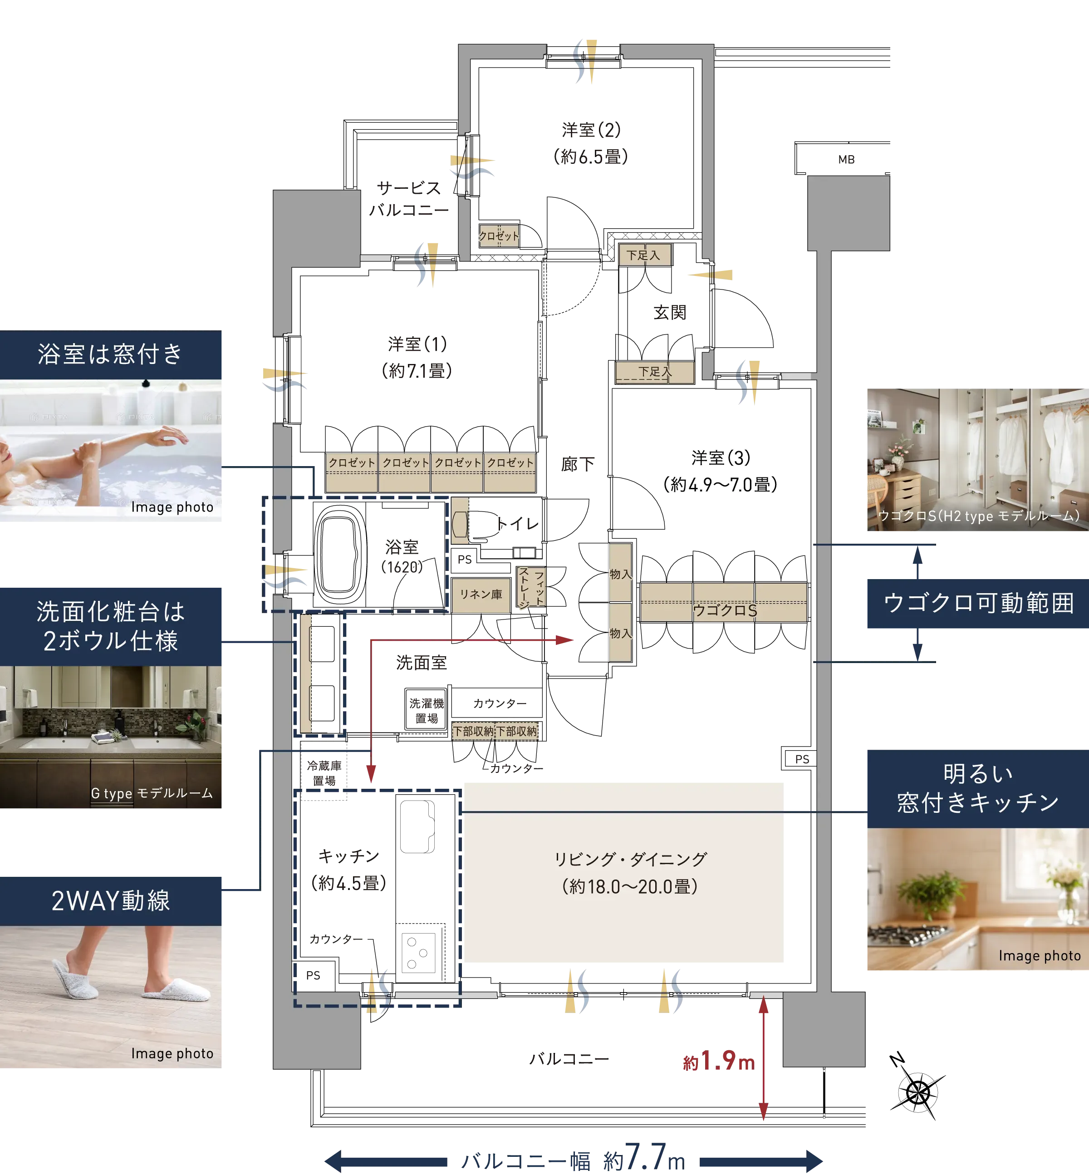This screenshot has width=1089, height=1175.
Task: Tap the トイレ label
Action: pos(518,524)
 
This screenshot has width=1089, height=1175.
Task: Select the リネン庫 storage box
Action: pos(481,595)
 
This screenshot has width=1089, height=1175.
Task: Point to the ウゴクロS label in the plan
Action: pos(724,610)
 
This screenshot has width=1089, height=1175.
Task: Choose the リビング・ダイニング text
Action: pos(630,859)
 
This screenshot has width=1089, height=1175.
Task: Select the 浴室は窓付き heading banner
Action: pos(111,354)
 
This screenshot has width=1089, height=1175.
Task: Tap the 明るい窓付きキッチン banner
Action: pos(977,788)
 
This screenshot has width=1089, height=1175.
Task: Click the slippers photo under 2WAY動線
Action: pos(112,996)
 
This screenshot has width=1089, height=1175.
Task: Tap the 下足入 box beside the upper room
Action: pos(644,255)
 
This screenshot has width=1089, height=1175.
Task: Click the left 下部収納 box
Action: pos(473,731)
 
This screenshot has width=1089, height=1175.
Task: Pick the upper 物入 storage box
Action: pos(620,573)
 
